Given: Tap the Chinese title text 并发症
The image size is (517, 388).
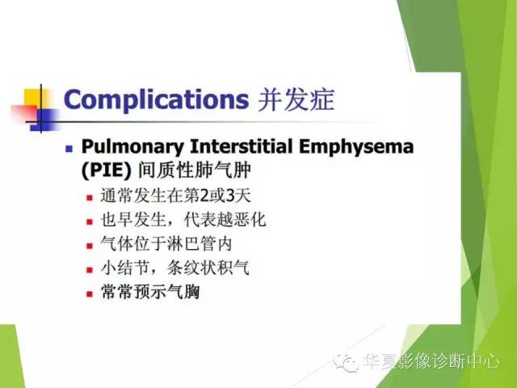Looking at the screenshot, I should (295, 99).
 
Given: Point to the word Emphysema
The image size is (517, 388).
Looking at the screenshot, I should (364, 147).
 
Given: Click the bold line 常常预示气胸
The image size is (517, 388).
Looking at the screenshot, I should (150, 292).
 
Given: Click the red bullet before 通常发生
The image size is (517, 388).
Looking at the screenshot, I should (91, 196).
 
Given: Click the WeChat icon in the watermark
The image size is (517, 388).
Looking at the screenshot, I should (348, 363).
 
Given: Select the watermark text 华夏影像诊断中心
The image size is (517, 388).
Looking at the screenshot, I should (431, 363).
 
